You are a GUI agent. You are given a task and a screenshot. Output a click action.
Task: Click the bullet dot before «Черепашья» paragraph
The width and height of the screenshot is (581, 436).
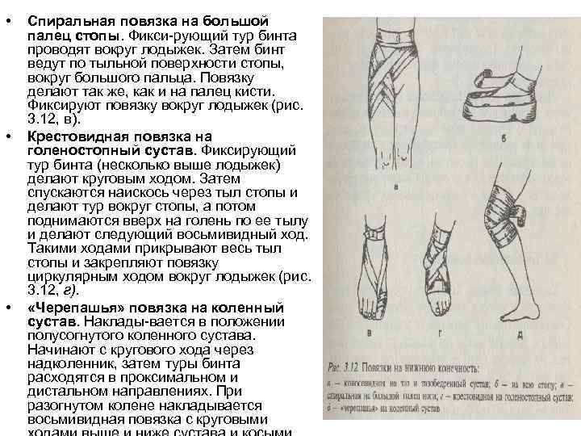coord(8,308)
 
